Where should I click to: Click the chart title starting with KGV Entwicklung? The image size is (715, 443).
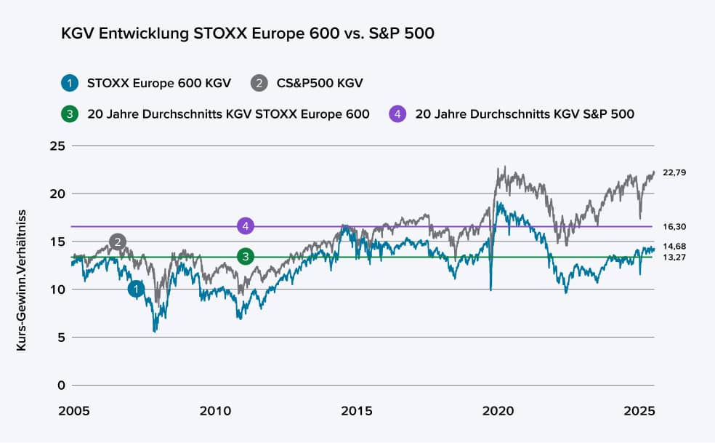pos(248,34)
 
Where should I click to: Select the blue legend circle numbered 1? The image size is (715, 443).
pos(70,83)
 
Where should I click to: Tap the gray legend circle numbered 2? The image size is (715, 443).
pos(259,83)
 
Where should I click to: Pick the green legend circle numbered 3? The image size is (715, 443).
pos(70,114)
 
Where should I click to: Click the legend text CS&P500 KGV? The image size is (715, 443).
pos(320,83)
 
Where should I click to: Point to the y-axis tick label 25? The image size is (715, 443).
pos(58,146)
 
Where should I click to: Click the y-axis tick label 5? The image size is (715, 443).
pos(62,338)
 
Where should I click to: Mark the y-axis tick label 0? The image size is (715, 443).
pos(62,385)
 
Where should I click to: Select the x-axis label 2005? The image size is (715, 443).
pos(75,412)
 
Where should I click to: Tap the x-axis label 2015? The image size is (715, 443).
pos(358,412)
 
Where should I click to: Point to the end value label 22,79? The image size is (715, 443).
pos(675,172)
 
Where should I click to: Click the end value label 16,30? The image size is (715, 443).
pos(675,227)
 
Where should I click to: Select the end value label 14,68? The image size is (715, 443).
pos(675,247)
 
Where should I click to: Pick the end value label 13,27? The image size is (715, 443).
pos(675,258)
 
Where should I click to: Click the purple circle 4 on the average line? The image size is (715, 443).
pos(246,226)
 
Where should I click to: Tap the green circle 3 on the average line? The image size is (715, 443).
pos(246,256)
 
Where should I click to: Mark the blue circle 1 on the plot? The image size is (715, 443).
pos(136,290)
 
